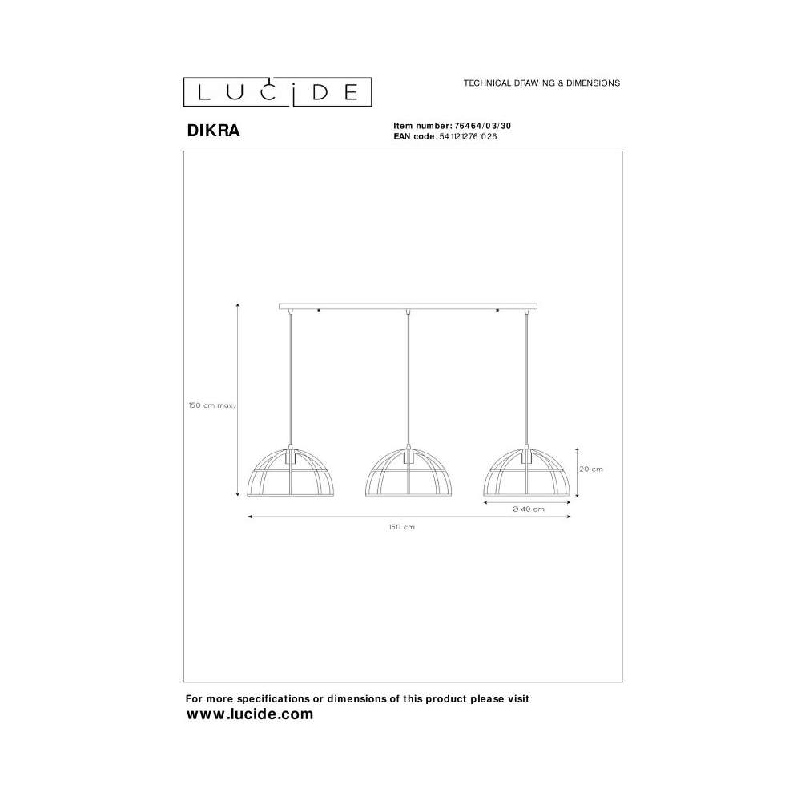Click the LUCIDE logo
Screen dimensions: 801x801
pos(277,92)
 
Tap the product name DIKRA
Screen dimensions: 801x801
pos(213,131)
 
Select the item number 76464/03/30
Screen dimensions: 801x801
pos(483,126)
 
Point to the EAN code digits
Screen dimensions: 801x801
pos(468,136)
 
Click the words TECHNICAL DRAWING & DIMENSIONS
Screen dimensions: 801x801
pos(541,83)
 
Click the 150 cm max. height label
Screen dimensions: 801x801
pos(211,405)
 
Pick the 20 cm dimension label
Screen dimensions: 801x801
pos(591,469)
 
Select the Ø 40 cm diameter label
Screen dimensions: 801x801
pos(528,509)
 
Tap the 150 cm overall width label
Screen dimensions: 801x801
pos(401,527)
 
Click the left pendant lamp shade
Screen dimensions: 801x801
pos(291,473)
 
